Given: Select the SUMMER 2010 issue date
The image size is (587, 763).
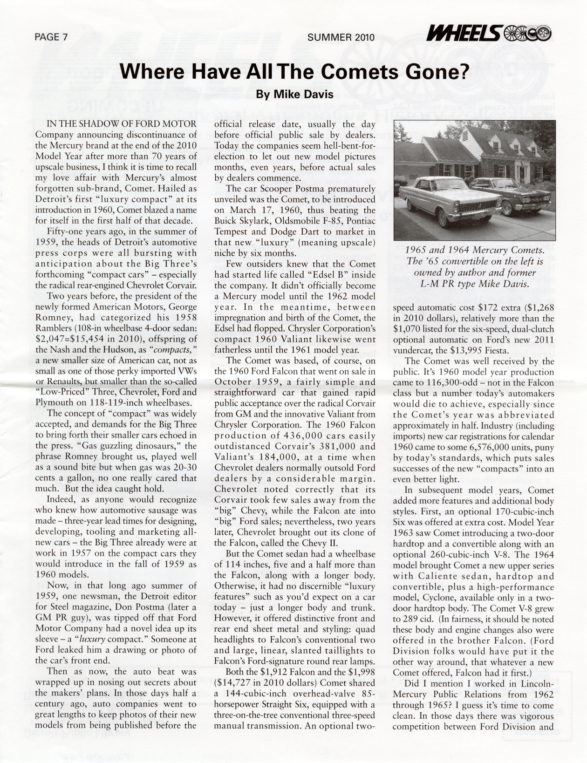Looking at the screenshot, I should point(341,38).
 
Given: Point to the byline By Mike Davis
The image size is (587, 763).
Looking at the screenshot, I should point(294,94).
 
